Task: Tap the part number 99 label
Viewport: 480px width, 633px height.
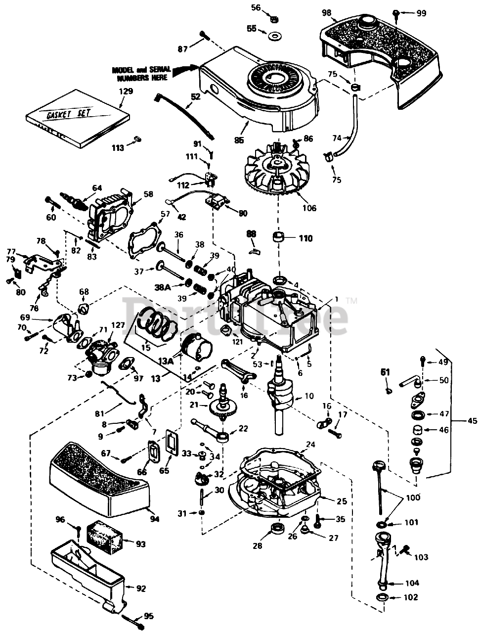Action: click(x=421, y=13)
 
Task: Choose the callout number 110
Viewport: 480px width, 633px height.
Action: click(x=305, y=238)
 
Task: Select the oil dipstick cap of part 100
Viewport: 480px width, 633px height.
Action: click(x=379, y=466)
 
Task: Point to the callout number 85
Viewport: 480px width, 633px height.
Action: click(x=239, y=140)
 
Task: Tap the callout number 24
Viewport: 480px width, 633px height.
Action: click(x=310, y=445)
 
